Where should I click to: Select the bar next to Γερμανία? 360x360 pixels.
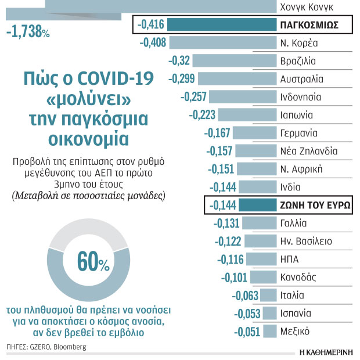tap(255, 133)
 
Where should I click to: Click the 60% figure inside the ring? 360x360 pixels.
tap(93, 264)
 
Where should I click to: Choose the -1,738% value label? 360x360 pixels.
tap(27, 33)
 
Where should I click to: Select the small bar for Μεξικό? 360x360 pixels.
tap(269, 332)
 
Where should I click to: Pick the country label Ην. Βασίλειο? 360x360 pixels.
tap(306, 241)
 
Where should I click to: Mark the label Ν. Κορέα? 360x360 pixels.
tap(298, 42)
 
